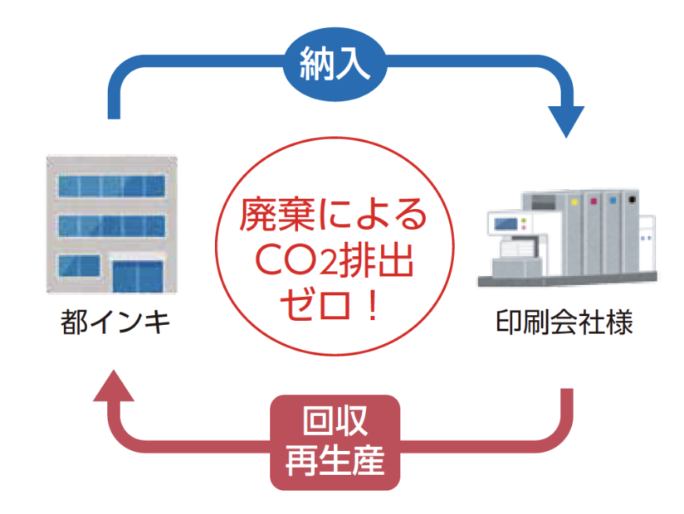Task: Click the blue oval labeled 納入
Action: point(335,64)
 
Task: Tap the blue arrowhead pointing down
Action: point(566,121)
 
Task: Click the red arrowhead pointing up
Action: point(114,386)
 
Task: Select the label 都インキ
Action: point(115,322)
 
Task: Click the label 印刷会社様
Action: point(564,322)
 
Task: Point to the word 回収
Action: point(335,420)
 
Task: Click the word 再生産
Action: point(335,460)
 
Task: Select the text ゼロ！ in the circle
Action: point(330,305)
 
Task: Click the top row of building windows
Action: point(112,186)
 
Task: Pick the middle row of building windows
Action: point(112,225)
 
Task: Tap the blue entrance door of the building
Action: point(138,276)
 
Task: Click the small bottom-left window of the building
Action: point(79,265)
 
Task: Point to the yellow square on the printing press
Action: point(574,201)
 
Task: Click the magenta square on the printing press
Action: point(594,201)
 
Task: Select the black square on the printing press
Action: point(632,200)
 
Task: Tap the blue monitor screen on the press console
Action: point(506,225)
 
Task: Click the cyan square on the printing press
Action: point(613,200)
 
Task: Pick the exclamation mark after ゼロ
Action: point(373,305)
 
